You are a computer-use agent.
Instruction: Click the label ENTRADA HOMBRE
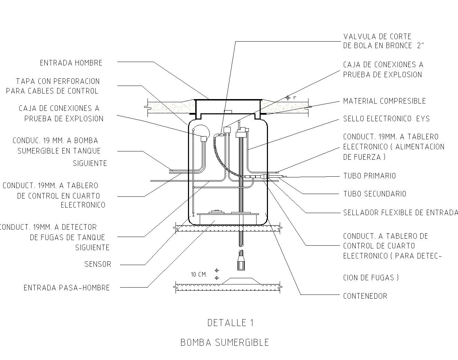coord(71,63)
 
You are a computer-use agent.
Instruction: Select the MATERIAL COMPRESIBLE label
coord(384,101)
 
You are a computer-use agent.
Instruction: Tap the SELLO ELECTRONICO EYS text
coord(386,119)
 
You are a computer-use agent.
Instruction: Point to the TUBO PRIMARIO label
coord(369,176)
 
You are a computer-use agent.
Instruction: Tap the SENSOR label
coord(98,264)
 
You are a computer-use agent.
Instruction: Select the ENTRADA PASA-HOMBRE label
coord(66,288)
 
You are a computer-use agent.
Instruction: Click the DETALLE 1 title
coord(230,323)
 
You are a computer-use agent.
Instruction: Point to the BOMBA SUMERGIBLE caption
coord(225,343)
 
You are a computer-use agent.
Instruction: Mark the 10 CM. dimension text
coord(199,275)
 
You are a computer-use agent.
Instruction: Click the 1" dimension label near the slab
coord(295,98)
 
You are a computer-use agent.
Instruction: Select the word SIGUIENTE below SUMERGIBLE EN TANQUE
coord(90,163)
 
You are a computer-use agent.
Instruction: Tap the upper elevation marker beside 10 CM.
coord(217,270)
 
